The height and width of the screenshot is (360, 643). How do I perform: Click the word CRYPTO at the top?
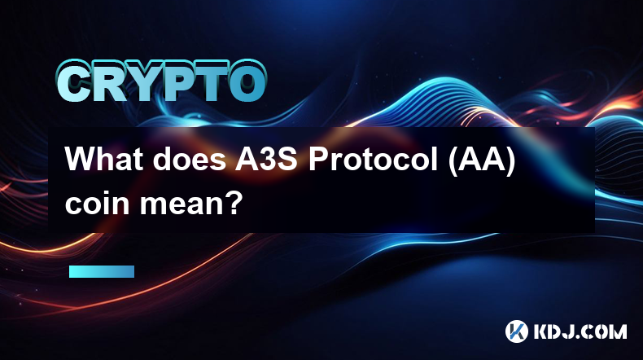tap(162, 81)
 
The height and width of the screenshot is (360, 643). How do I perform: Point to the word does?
tap(189, 159)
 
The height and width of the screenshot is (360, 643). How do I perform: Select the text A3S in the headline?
tap(265, 159)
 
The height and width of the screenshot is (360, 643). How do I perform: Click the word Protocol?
tap(374, 159)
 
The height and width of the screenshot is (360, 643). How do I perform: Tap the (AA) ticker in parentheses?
tap(481, 160)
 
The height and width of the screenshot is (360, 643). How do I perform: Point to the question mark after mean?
tap(234, 202)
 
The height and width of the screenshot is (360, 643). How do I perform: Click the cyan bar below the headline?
tap(102, 271)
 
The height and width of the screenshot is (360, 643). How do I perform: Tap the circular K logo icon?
tap(517, 331)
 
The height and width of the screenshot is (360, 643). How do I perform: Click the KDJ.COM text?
tap(580, 331)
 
